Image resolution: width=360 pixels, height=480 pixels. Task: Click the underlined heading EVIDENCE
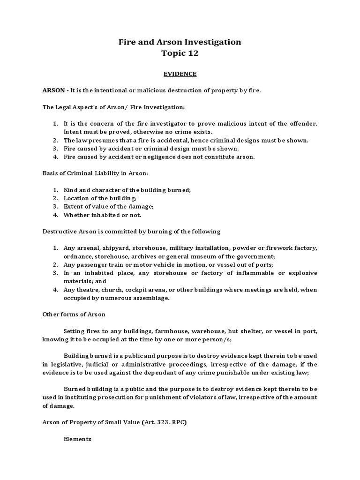click(x=180, y=74)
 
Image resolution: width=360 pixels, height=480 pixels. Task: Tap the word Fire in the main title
click(x=127, y=42)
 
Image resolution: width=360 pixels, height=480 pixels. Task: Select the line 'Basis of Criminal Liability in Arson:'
click(x=95, y=173)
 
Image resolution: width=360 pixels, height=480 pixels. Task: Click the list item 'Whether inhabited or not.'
click(x=102, y=215)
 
